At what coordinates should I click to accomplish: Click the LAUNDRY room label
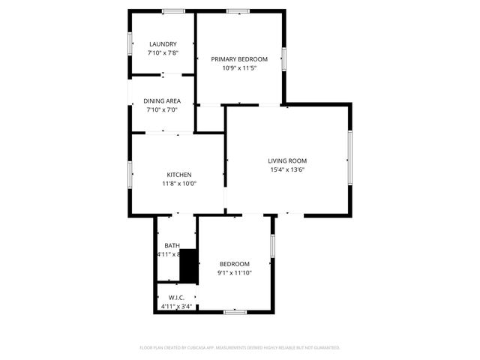click(163, 44)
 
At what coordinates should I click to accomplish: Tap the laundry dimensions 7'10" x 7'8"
click(163, 53)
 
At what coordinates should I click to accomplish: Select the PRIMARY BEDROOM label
click(239, 58)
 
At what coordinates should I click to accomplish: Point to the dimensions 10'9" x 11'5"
click(239, 67)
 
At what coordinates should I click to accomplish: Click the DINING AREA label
click(163, 100)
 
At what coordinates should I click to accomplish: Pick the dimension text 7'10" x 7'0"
click(163, 109)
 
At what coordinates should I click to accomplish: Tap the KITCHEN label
click(178, 175)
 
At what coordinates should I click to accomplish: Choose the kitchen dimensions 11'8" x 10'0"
click(178, 184)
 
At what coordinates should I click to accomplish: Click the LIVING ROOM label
click(287, 160)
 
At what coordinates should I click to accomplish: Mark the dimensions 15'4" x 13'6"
click(287, 169)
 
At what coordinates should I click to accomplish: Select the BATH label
click(172, 245)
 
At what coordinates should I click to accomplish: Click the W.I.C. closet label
click(177, 297)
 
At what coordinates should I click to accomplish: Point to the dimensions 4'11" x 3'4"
click(177, 306)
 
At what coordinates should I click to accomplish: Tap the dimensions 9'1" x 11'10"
click(235, 273)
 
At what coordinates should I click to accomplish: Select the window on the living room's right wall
click(349, 157)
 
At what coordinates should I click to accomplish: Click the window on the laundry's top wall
click(174, 10)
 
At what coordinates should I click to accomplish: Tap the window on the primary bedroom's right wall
click(284, 59)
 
